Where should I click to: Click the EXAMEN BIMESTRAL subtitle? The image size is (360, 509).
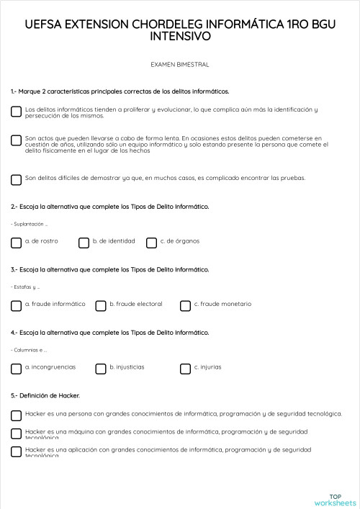coord(180,65)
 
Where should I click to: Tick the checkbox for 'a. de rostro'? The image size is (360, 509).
coord(16,243)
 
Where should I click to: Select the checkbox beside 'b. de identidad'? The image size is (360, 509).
coord(84,243)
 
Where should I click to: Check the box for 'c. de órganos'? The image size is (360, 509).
coord(151,243)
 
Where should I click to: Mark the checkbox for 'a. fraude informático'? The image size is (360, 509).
coord(16,306)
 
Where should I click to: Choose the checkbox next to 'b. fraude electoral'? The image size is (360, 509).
coord(101,306)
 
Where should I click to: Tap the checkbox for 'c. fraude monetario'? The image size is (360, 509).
coord(185,306)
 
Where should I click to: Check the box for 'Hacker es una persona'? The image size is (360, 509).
coord(16,415)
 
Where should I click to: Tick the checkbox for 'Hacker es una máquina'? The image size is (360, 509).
coord(16,433)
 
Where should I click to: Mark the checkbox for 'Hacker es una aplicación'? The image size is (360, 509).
coord(16,451)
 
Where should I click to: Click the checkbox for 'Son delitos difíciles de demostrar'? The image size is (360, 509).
coord(16,179)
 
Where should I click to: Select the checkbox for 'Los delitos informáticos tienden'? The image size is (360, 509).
coord(16,112)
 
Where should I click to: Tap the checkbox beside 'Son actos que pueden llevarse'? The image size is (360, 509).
coord(16,140)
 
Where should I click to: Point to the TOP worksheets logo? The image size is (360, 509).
coord(335,499)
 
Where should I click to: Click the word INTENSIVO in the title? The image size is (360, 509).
coord(180,35)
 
